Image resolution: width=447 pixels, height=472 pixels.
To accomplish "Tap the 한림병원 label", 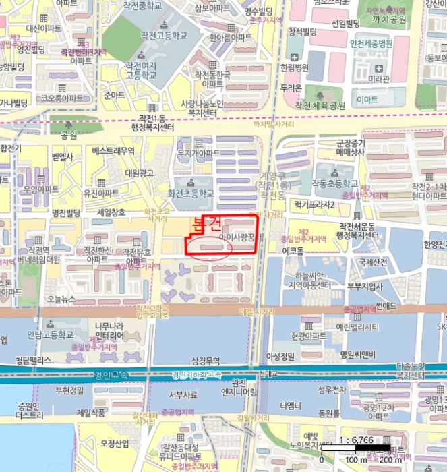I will [295, 68].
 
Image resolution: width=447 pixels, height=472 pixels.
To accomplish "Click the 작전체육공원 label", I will [320, 106].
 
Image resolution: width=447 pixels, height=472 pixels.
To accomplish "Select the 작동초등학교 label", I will [334, 183].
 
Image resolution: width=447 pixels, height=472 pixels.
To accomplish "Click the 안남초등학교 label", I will [50, 334].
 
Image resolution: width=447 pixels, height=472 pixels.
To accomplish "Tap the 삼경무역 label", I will [207, 361].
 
